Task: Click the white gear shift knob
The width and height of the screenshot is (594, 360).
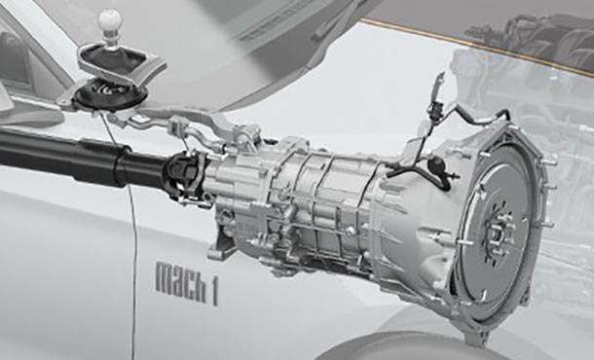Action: [x=110, y=21]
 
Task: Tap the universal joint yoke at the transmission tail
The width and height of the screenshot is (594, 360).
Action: [x=188, y=177]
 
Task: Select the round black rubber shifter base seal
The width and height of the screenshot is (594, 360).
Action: [x=110, y=94]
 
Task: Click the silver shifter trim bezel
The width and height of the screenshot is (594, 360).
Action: [x=122, y=62]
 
